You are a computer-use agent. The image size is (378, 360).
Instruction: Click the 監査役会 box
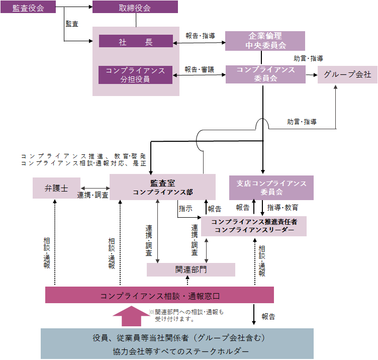[28, 7]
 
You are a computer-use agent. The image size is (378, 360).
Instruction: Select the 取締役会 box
[135, 7]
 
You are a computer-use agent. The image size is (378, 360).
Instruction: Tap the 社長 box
[136, 41]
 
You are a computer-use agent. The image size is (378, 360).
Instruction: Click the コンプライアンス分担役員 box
[136, 74]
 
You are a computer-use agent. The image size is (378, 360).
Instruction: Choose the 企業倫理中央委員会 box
[265, 41]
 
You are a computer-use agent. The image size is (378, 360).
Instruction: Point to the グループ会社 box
[347, 74]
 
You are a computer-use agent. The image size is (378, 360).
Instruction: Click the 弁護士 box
[56, 188]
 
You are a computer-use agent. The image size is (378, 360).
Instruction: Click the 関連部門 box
[191, 269]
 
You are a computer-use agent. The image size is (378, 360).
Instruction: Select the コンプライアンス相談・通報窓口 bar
[159, 295]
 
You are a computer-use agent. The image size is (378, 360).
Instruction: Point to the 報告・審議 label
[199, 69]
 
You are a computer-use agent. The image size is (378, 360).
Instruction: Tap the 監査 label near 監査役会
[72, 24]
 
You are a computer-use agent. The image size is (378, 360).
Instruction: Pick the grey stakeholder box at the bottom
[177, 344]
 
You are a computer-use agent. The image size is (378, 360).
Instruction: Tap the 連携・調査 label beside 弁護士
[92, 195]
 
